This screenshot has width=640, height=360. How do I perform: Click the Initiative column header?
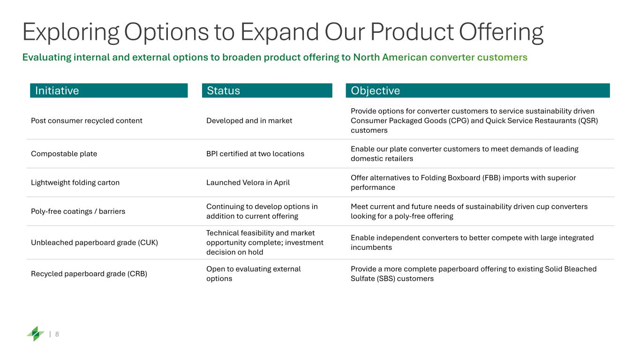pyautogui.click(x=109, y=90)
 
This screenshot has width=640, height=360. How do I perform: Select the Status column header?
pyautogui.click(x=267, y=90)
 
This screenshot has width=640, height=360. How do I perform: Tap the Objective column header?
pyautogui.click(x=478, y=90)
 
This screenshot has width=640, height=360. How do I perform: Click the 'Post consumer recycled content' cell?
pyautogui.click(x=87, y=121)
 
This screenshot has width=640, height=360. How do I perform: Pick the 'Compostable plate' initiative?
pyautogui.click(x=64, y=154)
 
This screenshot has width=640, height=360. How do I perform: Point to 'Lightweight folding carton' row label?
pyautogui.click(x=75, y=182)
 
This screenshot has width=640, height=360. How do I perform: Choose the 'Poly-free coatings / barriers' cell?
pyautogui.click(x=78, y=211)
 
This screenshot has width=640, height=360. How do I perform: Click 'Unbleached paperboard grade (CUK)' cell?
pyautogui.click(x=94, y=242)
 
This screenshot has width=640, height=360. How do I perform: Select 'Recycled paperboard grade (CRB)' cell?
pyautogui.click(x=89, y=274)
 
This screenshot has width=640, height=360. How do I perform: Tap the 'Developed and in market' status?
pyautogui.click(x=249, y=121)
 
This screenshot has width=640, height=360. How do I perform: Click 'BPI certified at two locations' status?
pyautogui.click(x=255, y=154)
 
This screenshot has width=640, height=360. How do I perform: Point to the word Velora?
pyautogui.click(x=253, y=182)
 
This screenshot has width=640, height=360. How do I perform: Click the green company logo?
pyautogui.click(x=36, y=334)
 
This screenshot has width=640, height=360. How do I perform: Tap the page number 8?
pyautogui.click(x=57, y=334)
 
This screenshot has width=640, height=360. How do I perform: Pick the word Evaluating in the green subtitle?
pyautogui.click(x=47, y=58)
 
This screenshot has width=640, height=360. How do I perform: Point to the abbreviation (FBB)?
pyautogui.click(x=491, y=178)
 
